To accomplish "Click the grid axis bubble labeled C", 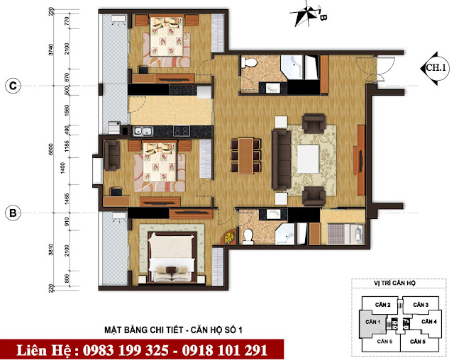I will [12, 86].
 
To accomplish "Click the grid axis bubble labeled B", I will [12, 212].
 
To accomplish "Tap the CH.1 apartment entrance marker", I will [433, 68].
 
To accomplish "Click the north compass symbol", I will [309, 13].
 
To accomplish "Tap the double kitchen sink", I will [142, 131].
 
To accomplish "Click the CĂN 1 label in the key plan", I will [372, 322].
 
